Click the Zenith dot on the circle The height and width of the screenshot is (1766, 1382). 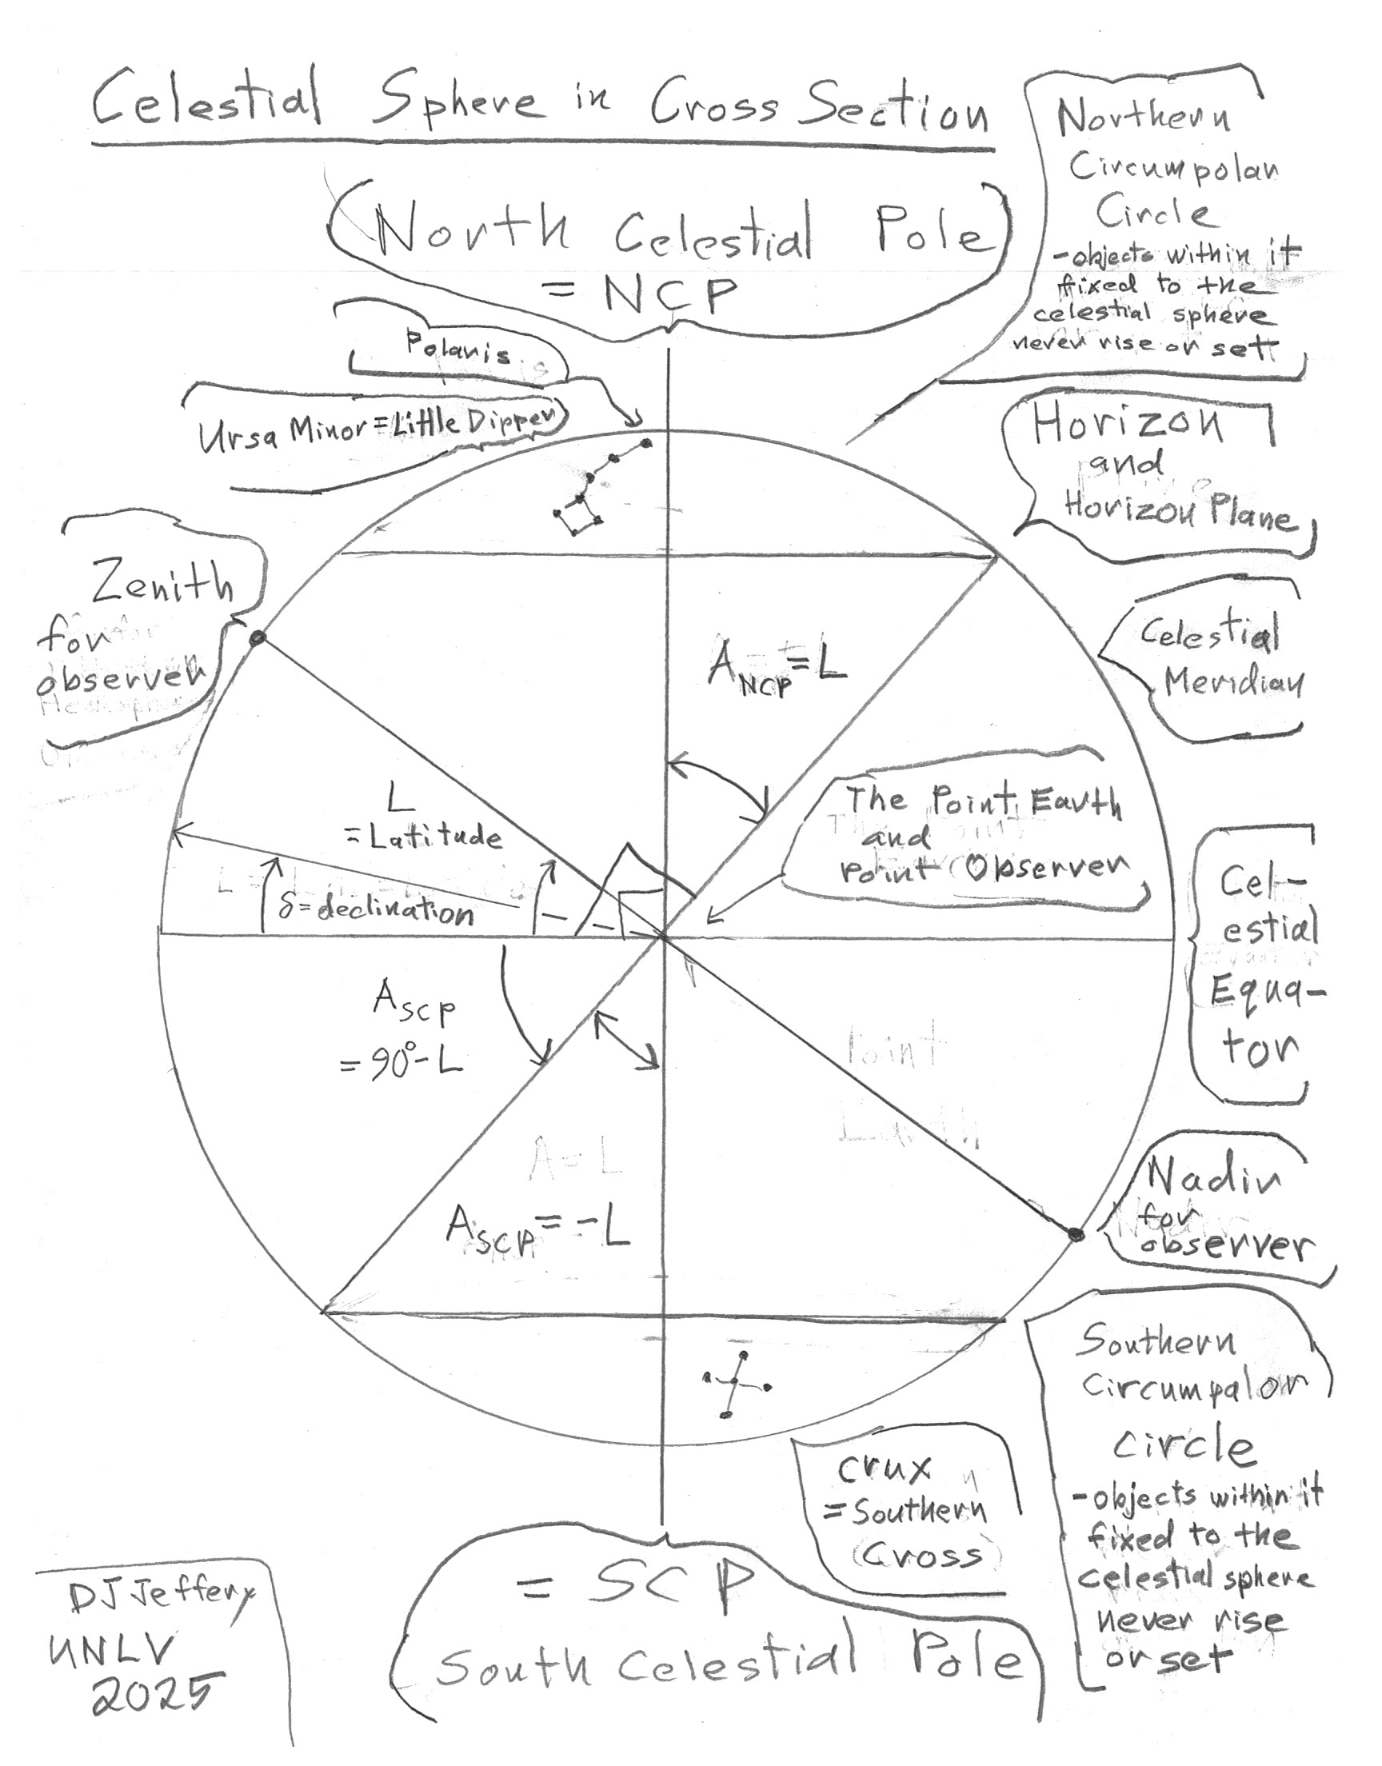258,638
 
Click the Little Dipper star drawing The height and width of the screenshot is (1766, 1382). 597,489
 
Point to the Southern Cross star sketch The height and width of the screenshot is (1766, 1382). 736,1387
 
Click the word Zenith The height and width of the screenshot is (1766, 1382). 162,584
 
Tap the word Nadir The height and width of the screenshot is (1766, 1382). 1214,1181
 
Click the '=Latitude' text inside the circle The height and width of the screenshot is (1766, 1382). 425,837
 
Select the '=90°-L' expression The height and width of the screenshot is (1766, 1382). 402,1062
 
